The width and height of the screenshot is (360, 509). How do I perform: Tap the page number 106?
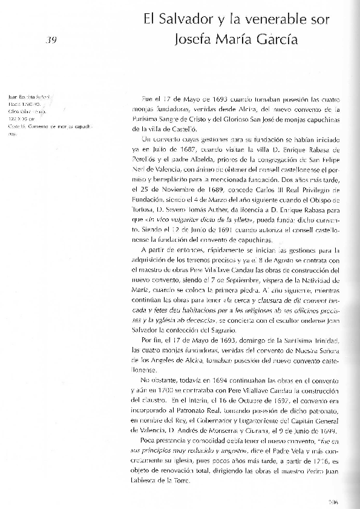[331, 500]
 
